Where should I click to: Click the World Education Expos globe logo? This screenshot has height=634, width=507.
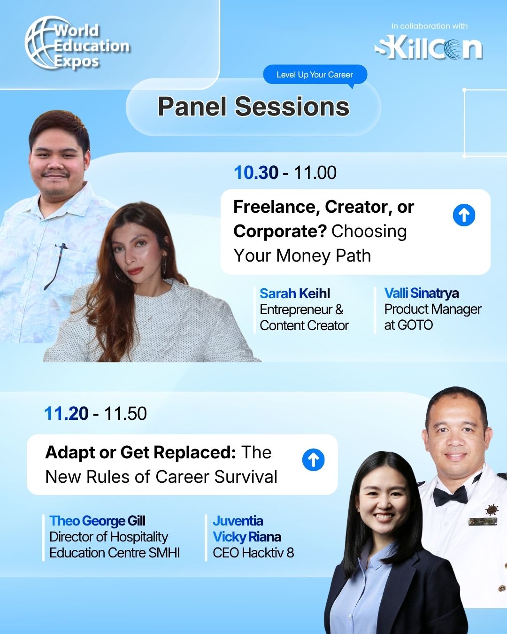tap(77, 43)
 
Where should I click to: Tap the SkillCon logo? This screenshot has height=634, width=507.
tap(428, 49)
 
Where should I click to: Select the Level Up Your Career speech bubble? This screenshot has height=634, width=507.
tap(315, 75)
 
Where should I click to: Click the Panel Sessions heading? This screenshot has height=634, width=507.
tap(253, 106)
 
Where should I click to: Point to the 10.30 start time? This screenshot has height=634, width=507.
tap(256, 173)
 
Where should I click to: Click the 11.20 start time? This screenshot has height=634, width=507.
tap(66, 413)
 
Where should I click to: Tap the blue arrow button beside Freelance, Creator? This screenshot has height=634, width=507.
tap(464, 215)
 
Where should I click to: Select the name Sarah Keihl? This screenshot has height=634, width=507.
tap(295, 294)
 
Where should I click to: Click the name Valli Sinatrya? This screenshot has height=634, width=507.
tap(421, 293)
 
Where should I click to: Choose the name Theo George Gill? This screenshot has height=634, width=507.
tap(97, 521)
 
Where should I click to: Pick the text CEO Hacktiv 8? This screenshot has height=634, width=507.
tap(253, 553)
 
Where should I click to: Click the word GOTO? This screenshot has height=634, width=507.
tap(415, 325)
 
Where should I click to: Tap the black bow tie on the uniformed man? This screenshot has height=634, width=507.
tap(450, 495)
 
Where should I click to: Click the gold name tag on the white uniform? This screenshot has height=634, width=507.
tap(483, 521)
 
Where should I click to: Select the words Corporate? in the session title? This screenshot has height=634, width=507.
tap(280, 231)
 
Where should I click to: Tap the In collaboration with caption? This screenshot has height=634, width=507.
tap(429, 26)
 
